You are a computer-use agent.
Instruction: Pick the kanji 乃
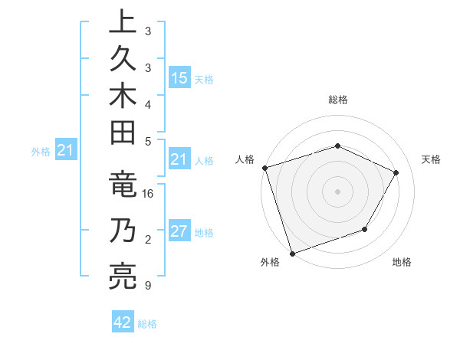coord(121,231)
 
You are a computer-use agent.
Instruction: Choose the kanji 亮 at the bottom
coord(121,277)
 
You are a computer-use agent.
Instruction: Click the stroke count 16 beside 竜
coord(148,195)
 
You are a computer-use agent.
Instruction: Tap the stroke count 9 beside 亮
coord(148,286)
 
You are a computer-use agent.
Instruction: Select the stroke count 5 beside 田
coord(148,141)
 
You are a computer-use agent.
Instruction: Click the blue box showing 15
coord(179,77)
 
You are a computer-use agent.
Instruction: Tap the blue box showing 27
coord(179,232)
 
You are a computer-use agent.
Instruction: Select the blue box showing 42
coord(123,322)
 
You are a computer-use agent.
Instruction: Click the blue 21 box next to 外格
coord(65,151)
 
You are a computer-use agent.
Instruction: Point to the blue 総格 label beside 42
coord(147,324)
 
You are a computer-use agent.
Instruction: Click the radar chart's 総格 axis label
coord(337,100)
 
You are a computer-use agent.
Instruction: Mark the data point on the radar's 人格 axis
coord(264,168)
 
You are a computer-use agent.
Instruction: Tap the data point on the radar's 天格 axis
coord(396,172)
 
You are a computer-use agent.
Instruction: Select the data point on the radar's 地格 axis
coord(365,229)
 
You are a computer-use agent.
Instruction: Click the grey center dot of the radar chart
coord(337,191)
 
